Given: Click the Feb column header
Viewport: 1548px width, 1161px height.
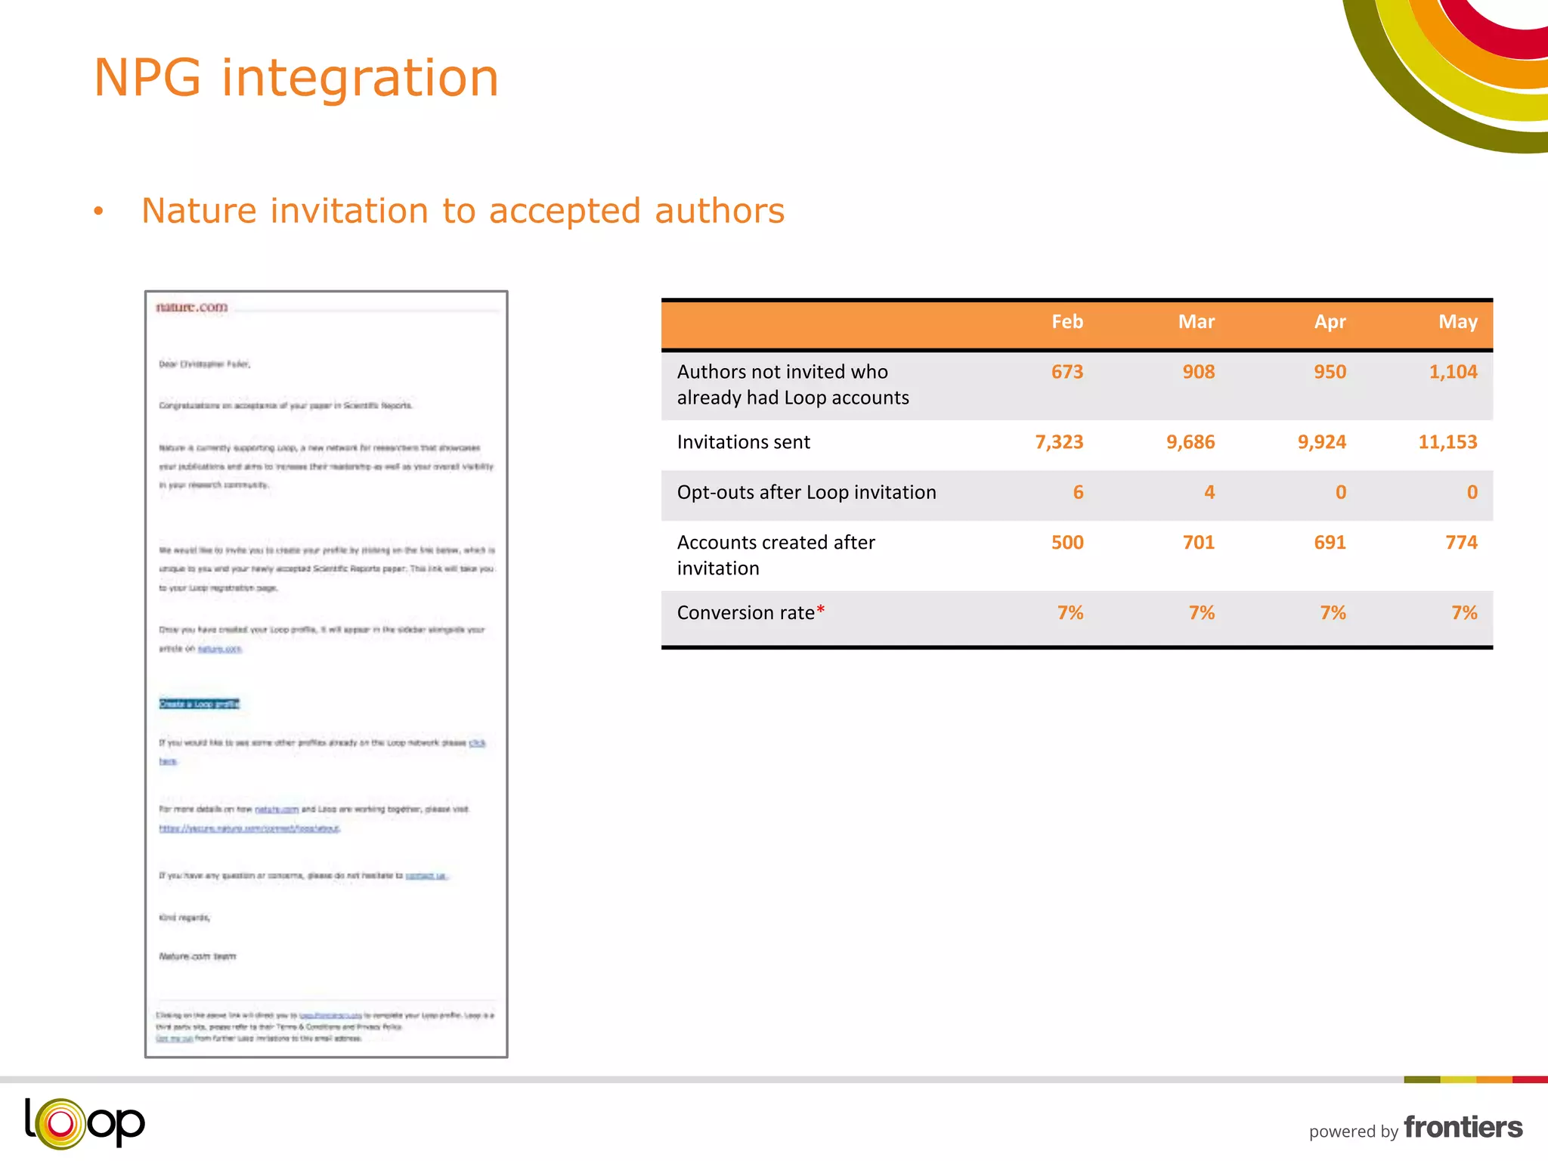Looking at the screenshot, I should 1067,322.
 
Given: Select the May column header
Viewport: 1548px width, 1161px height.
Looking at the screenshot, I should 1457,322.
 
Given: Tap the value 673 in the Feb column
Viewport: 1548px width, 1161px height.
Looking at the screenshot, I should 1067,372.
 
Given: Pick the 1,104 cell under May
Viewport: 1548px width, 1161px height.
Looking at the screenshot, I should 1452,372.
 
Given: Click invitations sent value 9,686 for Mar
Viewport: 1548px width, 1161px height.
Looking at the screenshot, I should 1190,442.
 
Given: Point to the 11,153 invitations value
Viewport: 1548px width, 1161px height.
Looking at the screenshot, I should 1447,442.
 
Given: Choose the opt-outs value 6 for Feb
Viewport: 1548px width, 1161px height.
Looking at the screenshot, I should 1078,493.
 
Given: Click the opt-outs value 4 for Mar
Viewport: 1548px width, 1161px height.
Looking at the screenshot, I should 1209,493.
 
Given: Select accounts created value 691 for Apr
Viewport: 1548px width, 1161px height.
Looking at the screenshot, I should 1330,543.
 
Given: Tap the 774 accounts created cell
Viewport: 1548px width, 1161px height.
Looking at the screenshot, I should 1461,543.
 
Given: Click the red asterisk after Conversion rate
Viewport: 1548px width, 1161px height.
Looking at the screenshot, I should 821,609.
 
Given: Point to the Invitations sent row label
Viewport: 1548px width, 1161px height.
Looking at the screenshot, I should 743,442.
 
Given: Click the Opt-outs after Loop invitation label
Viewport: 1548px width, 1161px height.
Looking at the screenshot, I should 806,493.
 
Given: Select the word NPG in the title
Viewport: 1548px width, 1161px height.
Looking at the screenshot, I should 147,78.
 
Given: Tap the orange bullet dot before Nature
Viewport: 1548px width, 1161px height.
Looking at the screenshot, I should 98,212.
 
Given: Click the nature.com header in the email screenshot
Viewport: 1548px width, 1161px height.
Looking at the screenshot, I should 191,307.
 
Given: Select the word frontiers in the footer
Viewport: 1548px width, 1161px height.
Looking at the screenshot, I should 1463,1127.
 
